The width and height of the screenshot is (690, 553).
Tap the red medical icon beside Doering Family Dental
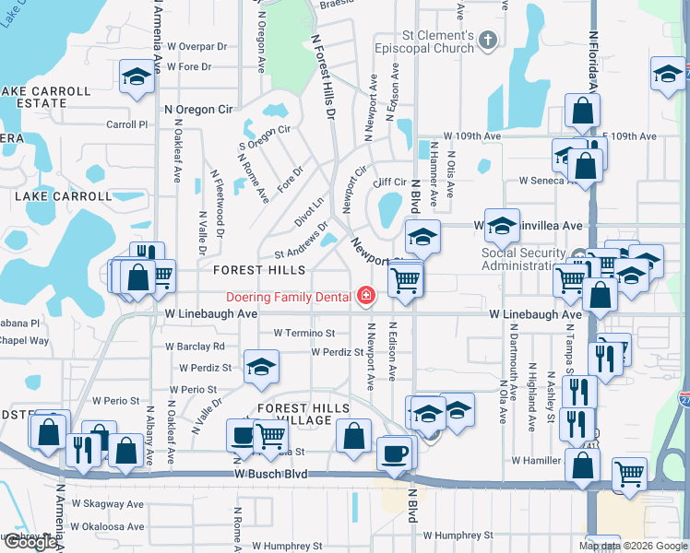coord(366,296)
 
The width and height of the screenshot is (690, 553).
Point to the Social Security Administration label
coord(523,260)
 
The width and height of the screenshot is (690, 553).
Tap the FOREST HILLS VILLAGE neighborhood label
coord(303,415)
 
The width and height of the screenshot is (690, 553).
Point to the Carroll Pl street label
coord(127,124)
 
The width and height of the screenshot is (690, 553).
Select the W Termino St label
coord(303,333)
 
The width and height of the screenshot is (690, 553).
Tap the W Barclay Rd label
coord(195,347)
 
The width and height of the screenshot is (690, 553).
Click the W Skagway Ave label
coord(110,504)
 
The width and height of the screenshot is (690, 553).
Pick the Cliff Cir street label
coord(389,182)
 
